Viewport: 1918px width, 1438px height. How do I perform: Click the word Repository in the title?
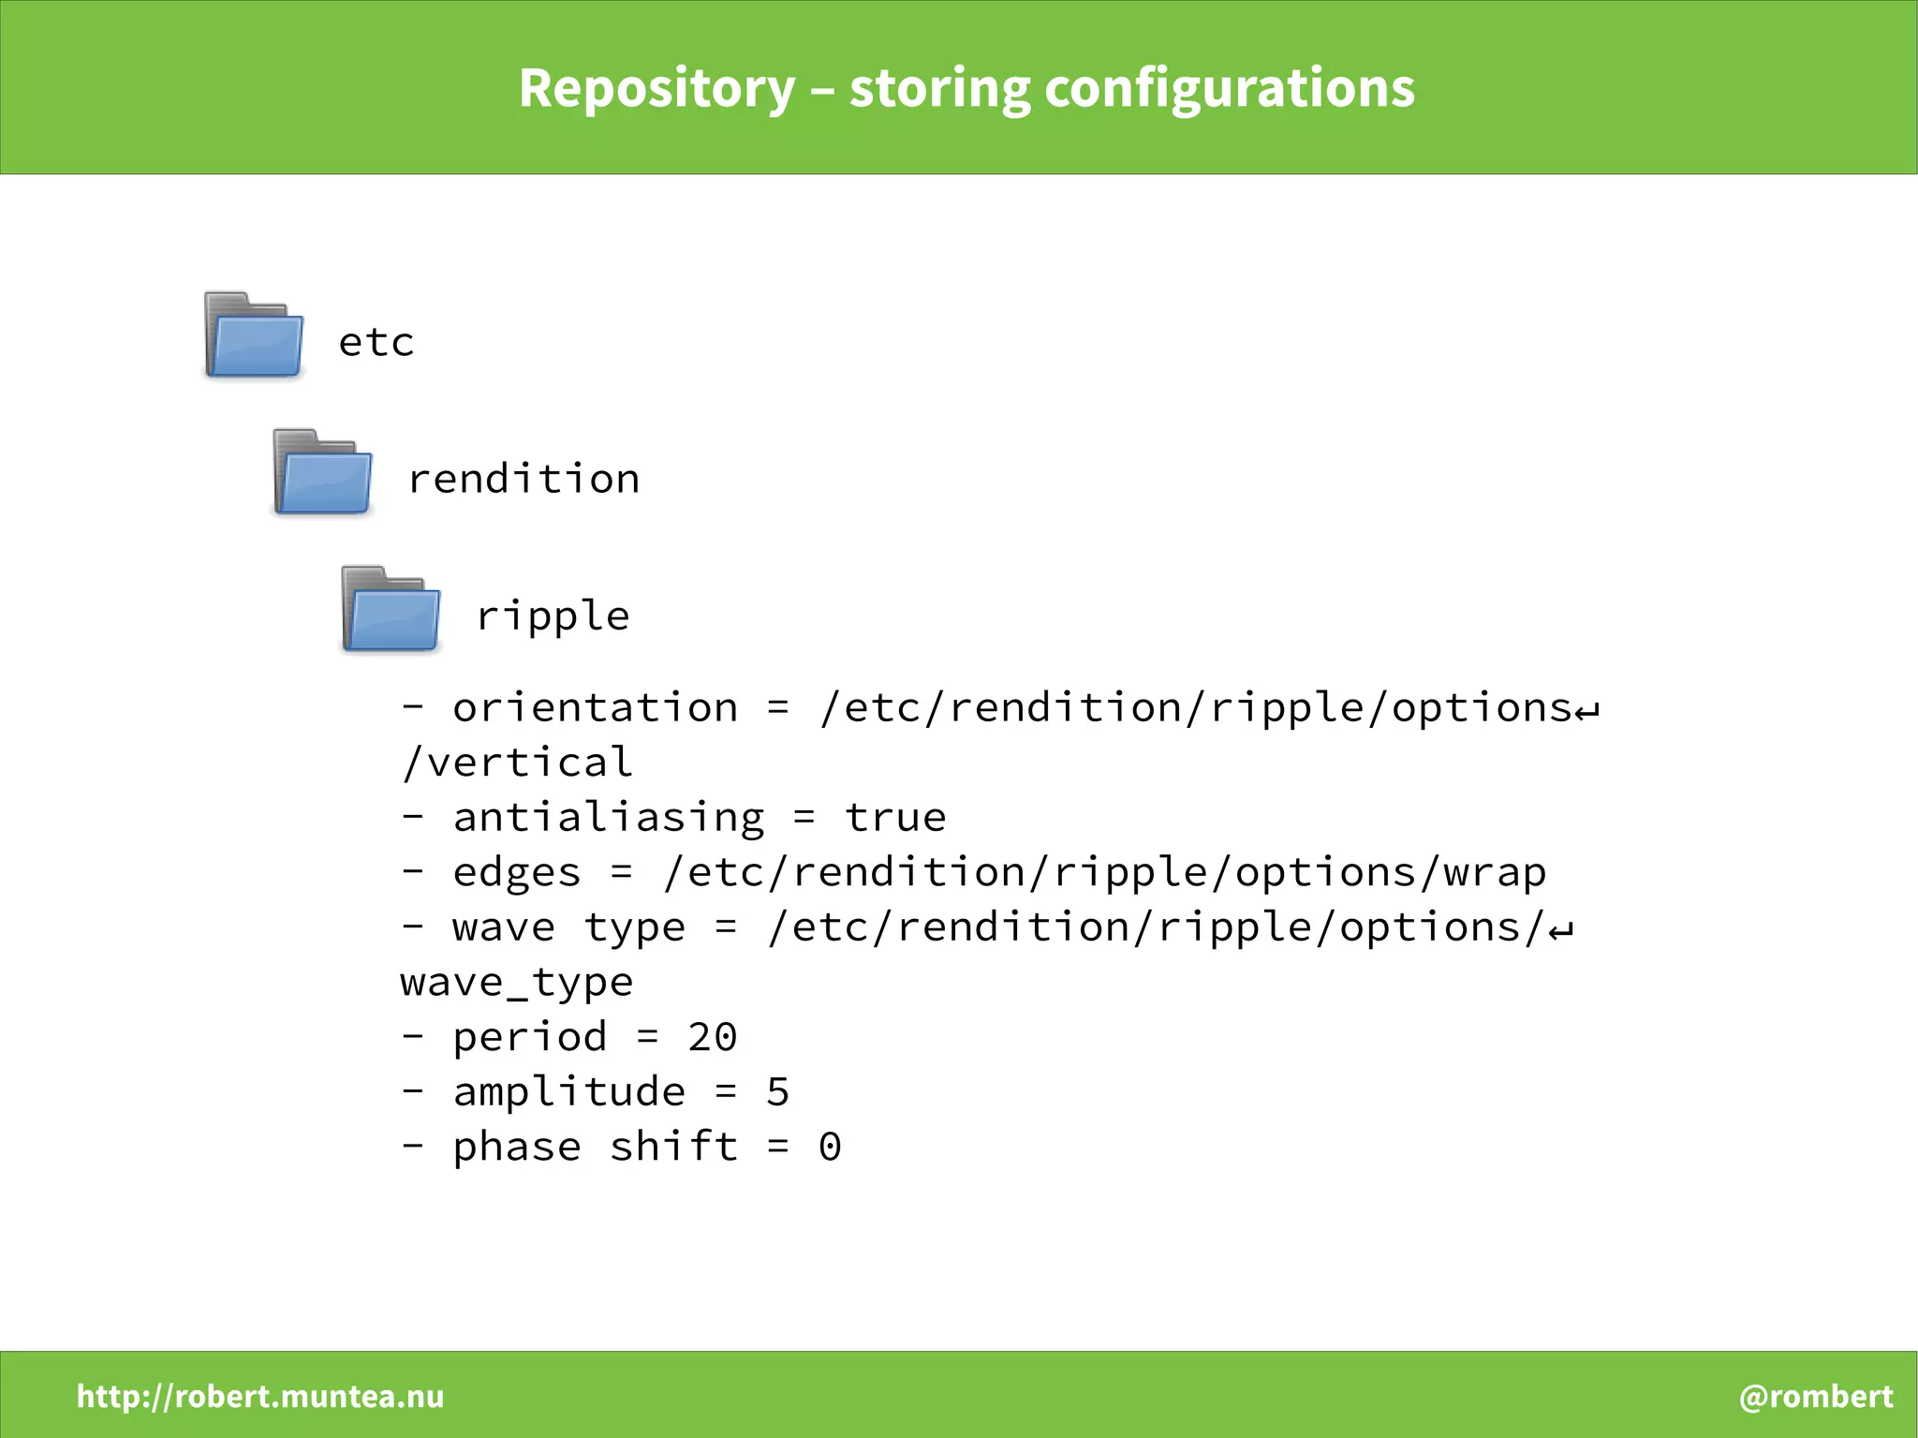(x=657, y=89)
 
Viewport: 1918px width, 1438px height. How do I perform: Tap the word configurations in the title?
(x=1229, y=89)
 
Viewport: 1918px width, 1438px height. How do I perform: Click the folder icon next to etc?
(x=254, y=335)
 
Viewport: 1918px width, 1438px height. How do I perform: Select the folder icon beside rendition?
(x=322, y=472)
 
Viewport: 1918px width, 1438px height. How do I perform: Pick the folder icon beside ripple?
(x=391, y=609)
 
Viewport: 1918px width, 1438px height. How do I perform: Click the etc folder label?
(x=376, y=342)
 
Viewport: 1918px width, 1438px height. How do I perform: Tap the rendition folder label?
(x=524, y=479)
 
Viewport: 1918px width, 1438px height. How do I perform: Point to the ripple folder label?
(x=553, y=616)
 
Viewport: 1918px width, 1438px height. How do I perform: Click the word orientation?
(x=595, y=707)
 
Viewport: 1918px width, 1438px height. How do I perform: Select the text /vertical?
(x=517, y=762)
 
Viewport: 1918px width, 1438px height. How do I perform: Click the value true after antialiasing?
(x=894, y=817)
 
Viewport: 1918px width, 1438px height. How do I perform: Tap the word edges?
(x=517, y=872)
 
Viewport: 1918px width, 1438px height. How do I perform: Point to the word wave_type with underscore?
(x=517, y=982)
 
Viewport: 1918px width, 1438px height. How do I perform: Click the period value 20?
(x=713, y=1037)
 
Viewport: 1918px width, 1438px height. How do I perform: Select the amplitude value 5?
(x=777, y=1092)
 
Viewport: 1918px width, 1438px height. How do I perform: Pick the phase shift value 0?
(x=830, y=1147)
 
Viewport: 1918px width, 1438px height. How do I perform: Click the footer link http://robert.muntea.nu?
(x=260, y=1396)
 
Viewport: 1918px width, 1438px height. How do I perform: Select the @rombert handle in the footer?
(x=1815, y=1396)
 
